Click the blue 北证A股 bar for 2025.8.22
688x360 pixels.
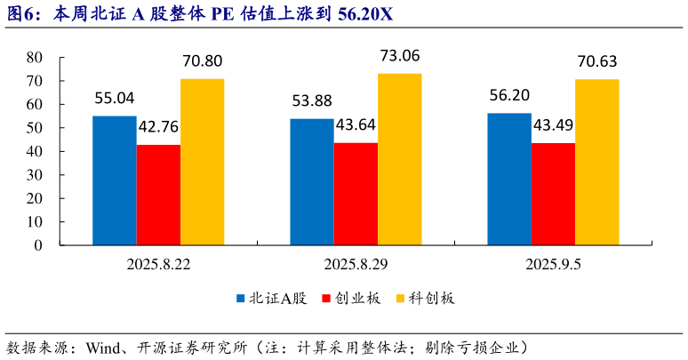(115, 180)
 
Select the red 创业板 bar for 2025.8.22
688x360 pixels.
(158, 195)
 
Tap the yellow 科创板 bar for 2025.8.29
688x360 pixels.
(399, 160)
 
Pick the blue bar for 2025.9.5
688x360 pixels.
(509, 179)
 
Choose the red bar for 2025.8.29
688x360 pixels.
(356, 194)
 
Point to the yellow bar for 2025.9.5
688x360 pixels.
(596, 163)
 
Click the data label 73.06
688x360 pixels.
(399, 57)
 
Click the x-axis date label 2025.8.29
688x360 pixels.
(356, 264)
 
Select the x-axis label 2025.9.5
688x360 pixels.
(553, 264)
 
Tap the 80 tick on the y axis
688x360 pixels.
(35, 57)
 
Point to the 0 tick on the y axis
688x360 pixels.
(39, 245)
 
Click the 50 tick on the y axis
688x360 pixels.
(35, 128)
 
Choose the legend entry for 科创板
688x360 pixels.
(431, 299)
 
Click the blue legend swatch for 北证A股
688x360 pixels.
(241, 299)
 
